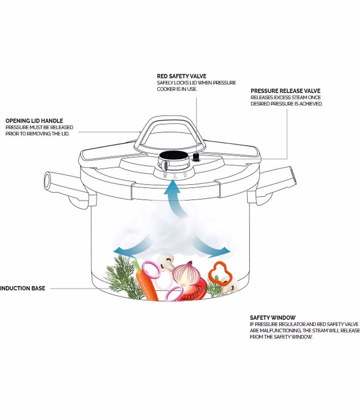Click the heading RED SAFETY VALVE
182,76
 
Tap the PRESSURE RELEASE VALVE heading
285,91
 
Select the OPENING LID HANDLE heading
34,121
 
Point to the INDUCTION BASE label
23,288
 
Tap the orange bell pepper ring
220,271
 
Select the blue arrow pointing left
127,249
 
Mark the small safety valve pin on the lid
196,157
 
